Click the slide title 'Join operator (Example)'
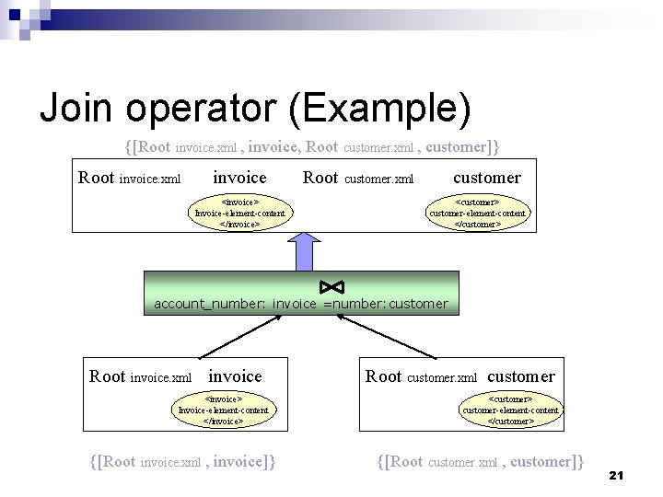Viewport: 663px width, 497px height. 255,109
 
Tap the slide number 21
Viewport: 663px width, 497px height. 617,475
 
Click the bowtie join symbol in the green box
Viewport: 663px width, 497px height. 331,285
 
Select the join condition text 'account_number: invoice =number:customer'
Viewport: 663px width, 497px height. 300,304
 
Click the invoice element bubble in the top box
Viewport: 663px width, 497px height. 239,213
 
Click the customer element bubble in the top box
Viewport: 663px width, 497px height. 478,213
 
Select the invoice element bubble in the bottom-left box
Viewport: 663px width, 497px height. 223,410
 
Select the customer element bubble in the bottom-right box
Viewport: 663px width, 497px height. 510,410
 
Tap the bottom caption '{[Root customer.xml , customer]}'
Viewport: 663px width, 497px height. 481,461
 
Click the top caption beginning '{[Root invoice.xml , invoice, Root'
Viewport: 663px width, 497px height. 312,146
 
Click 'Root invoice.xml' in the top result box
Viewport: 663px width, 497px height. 130,178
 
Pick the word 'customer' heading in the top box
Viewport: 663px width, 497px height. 487,177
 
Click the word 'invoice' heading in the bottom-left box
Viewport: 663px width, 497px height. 235,376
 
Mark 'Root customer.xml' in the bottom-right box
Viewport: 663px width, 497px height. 421,376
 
